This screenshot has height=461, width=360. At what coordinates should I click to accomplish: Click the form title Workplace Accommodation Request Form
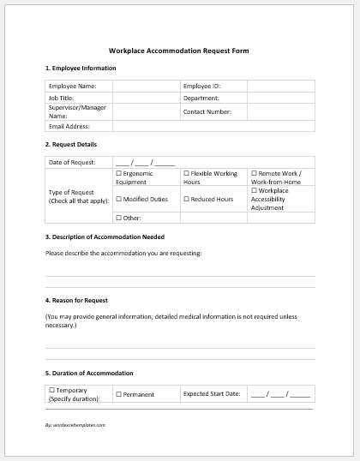click(x=179, y=51)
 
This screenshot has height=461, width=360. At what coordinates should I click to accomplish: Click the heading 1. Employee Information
click(x=80, y=68)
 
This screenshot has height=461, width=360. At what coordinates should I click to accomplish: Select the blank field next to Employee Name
click(x=145, y=87)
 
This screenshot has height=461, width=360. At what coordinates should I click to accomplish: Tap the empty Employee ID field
click(x=280, y=87)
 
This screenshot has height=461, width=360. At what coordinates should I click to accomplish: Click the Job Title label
click(x=61, y=99)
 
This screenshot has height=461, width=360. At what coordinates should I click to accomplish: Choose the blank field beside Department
click(x=280, y=99)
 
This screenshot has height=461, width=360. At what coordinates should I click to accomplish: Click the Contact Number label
click(x=207, y=111)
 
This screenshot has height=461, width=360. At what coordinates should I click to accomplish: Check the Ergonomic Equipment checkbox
click(x=117, y=173)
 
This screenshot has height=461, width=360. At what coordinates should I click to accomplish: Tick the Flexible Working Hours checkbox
click(x=186, y=173)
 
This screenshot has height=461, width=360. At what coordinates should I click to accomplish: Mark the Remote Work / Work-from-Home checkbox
click(x=254, y=173)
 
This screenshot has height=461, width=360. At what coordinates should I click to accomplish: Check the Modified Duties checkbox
click(x=117, y=199)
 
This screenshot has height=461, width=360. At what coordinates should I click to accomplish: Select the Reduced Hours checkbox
click(x=186, y=199)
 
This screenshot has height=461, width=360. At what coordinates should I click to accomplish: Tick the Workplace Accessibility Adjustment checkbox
click(x=254, y=190)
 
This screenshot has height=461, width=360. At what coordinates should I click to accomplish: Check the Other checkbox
click(x=117, y=218)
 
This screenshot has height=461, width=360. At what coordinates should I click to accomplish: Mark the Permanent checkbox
click(x=117, y=394)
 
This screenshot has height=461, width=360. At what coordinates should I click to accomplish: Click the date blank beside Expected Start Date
click(x=280, y=394)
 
